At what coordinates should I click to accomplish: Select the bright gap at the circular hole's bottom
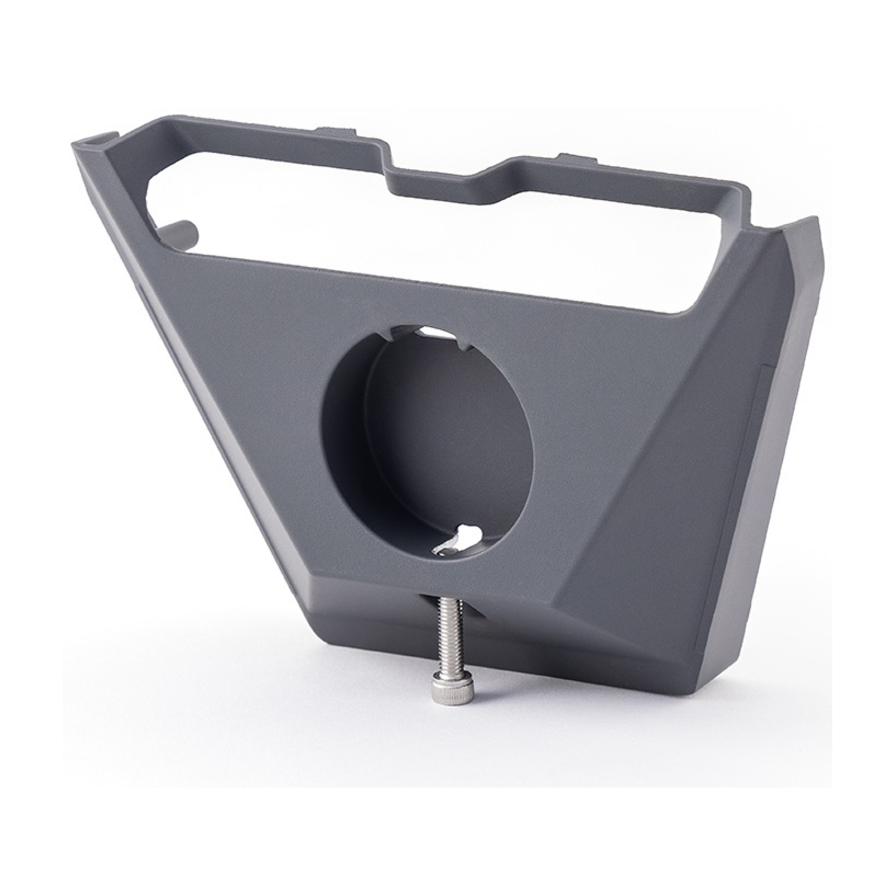(465, 533)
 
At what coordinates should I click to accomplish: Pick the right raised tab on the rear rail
(575, 159)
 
